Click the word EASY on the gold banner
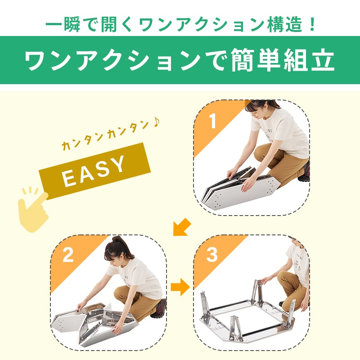94,171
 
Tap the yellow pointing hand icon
33,208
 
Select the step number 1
213,121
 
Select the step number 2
68,255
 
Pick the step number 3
212,255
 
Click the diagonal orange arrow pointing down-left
182,227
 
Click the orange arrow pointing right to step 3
180,287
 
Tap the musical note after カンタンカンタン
156,122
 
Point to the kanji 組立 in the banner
309,60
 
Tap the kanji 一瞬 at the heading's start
63,24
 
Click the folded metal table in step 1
241,188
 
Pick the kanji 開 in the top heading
109,24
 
